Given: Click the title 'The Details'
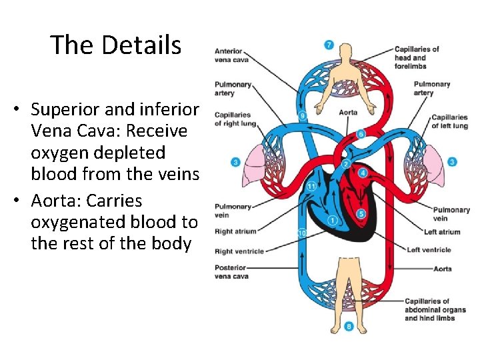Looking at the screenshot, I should tap(115, 45).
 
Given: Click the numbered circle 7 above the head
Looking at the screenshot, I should tap(329, 45).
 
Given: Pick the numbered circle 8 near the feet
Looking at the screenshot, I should tap(331, 327).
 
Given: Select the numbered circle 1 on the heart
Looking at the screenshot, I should tap(332, 221).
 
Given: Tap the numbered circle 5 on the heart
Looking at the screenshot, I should tap(361, 214).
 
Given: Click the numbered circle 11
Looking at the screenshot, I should tap(311, 186).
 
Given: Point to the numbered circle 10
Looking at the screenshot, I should tap(302, 233).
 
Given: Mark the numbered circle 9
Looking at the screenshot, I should tap(302, 115).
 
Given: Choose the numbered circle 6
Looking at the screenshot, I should tap(361, 134).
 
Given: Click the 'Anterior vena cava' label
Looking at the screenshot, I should tap(229, 55).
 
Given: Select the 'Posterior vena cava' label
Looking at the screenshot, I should tap(230, 271).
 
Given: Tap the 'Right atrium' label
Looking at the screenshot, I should tap(235, 231).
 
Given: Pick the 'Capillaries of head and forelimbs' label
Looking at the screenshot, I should tap(417, 57).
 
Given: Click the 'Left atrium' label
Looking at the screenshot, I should tap(441, 232).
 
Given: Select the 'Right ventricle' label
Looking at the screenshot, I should tap(239, 251).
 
